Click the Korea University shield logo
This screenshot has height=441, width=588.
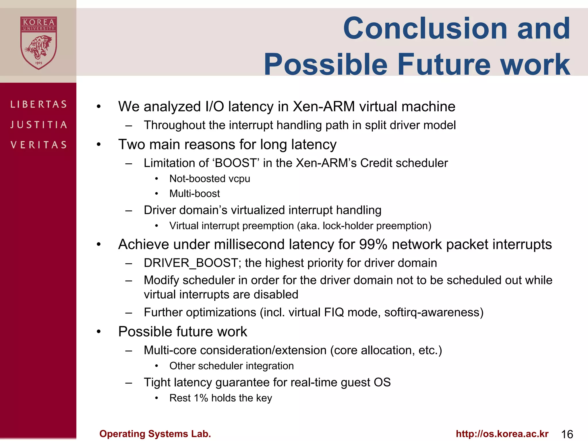[x=38, y=43]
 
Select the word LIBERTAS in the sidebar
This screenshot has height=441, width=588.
[x=39, y=104]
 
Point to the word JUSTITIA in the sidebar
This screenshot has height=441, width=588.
[x=39, y=125]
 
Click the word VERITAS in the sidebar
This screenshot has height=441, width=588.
[x=39, y=145]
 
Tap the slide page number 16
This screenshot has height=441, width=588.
[x=567, y=434]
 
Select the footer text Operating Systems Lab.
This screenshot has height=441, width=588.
[x=155, y=434]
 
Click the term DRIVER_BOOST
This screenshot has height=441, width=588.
[x=191, y=263]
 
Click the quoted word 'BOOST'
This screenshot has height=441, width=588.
[x=236, y=163]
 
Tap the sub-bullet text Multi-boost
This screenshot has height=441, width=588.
[x=194, y=194]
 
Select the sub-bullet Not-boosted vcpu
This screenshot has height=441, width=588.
[x=210, y=179]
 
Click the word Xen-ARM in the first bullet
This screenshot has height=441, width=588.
[x=324, y=107]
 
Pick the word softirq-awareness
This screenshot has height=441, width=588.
[x=434, y=312]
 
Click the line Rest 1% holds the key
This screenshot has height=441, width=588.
[x=220, y=398]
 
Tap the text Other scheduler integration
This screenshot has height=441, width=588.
[x=231, y=366]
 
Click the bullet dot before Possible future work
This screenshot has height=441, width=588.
[x=99, y=332]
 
